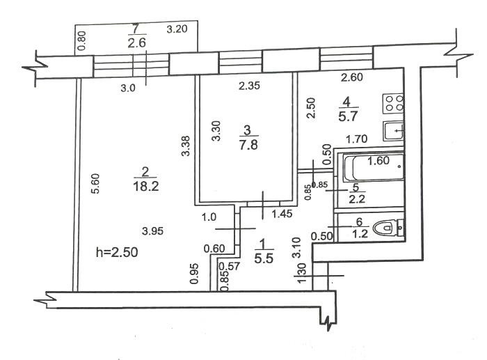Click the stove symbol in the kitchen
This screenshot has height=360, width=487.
coord(394,104)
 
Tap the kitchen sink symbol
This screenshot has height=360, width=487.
coord(394,130)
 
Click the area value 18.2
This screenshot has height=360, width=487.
coord(144,185)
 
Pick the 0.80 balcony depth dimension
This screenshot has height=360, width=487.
coord(82,42)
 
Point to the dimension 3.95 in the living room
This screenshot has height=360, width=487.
coord(154,230)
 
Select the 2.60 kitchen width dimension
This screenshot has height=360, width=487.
coord(352,77)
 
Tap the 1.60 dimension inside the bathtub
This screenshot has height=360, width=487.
coord(378,161)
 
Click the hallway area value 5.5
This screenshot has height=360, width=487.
coord(264,257)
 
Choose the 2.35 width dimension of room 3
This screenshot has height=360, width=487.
coord(248,86)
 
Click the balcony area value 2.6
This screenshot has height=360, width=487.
coord(135,42)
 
